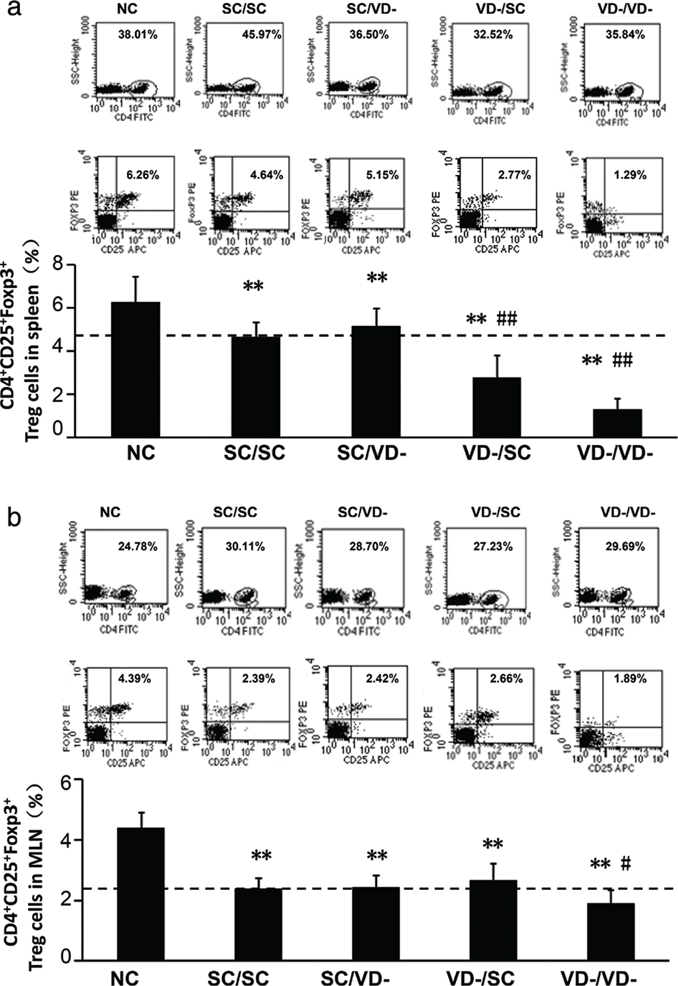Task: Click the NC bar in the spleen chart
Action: pos(135,369)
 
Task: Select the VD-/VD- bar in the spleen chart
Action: pos(617,422)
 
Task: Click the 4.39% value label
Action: pos(133,678)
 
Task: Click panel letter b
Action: pos(12,518)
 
